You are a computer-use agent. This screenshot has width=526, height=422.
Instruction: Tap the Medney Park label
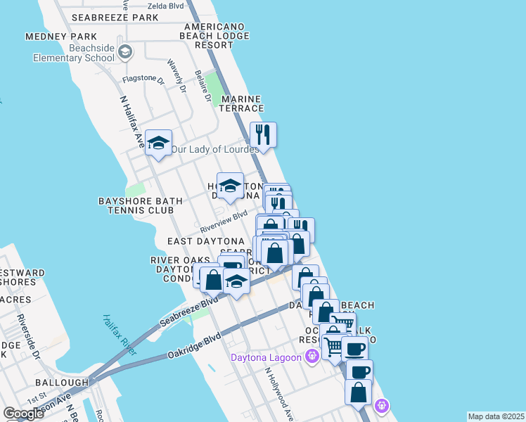point(60,37)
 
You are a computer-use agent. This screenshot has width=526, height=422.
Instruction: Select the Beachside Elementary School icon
point(126,51)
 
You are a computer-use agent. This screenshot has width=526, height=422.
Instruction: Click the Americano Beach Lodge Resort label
point(214,36)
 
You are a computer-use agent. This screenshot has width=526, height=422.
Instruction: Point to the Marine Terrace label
point(242,104)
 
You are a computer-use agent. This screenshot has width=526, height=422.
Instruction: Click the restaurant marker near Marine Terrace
point(263,134)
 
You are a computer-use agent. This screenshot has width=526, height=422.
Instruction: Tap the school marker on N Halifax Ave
point(159,143)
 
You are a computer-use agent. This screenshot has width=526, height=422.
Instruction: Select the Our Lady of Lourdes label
point(215,149)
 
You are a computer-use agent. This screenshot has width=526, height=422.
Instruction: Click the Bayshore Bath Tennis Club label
point(141,205)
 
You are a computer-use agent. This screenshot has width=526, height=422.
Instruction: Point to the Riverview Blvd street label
point(224,220)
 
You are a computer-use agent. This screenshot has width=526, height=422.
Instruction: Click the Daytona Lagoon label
point(267,357)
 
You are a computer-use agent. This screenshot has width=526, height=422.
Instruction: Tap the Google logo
point(23,414)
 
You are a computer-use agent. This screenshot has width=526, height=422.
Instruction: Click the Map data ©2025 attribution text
point(496,416)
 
